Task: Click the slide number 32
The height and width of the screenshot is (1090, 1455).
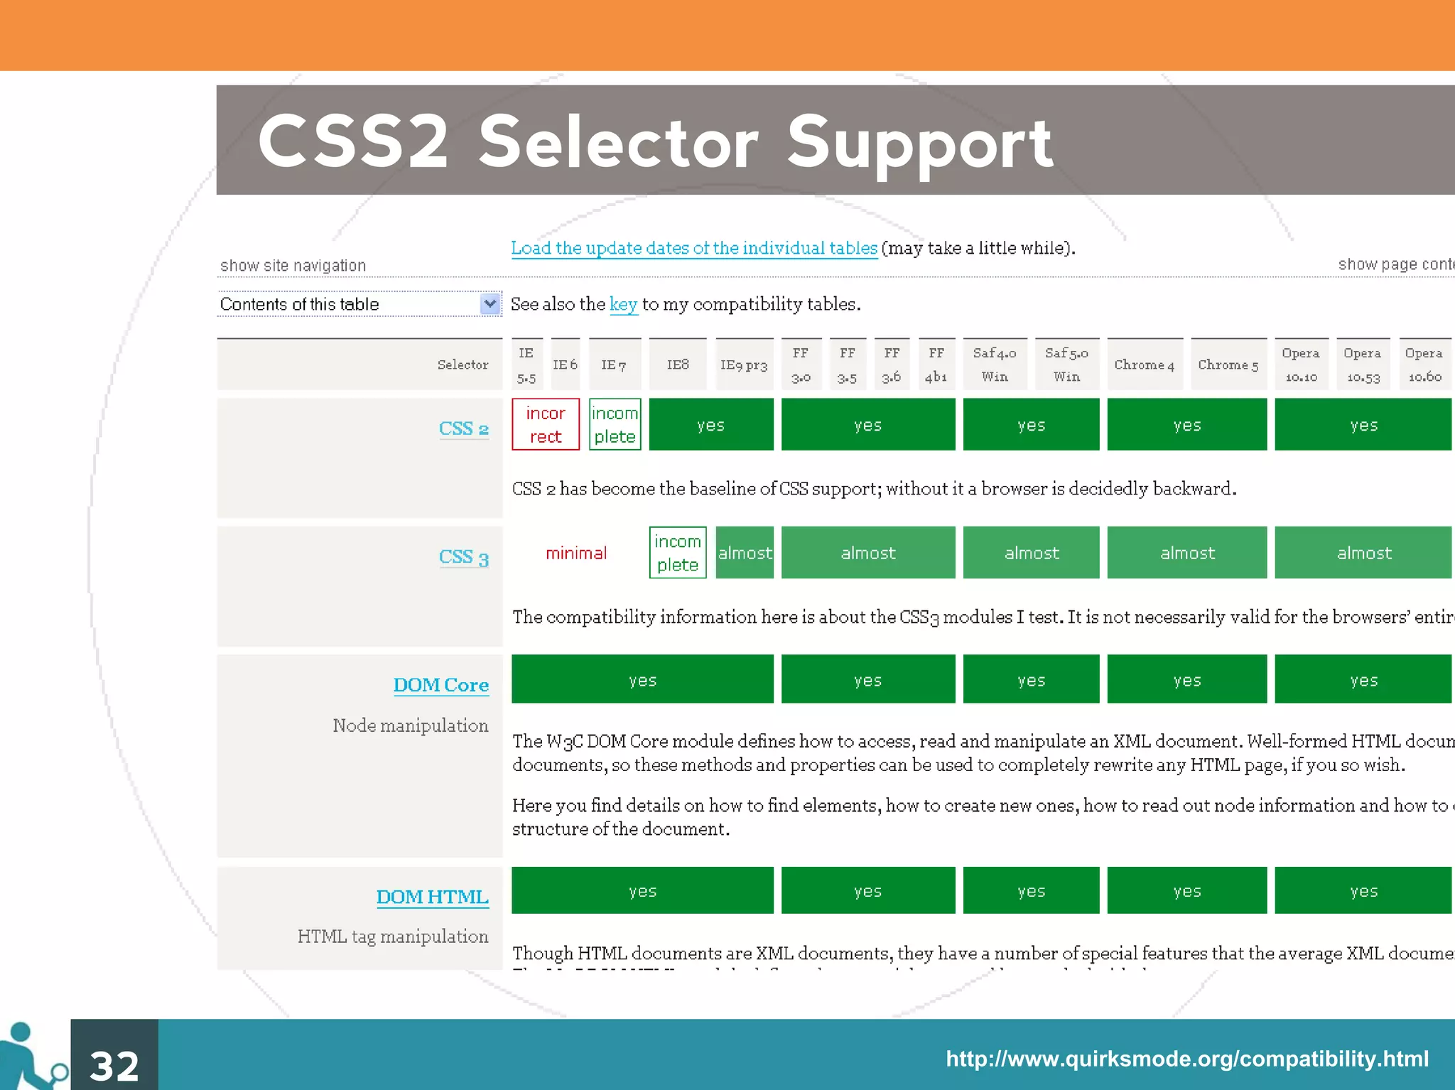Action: (x=114, y=1065)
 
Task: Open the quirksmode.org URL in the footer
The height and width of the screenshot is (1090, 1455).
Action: (x=1186, y=1059)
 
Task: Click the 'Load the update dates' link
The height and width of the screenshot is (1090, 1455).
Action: (x=694, y=248)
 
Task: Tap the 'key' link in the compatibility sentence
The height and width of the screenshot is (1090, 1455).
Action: (x=623, y=304)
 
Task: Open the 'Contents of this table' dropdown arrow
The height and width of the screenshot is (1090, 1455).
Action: (x=489, y=304)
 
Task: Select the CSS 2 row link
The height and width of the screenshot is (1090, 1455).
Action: (x=463, y=428)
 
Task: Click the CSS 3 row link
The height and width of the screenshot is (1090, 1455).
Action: (x=463, y=557)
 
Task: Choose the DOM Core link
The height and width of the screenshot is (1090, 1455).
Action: (x=440, y=685)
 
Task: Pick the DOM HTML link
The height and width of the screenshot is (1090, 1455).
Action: (x=432, y=897)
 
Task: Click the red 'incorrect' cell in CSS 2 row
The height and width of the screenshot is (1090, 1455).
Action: (x=546, y=425)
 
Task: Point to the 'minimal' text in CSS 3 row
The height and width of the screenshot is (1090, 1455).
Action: (x=576, y=553)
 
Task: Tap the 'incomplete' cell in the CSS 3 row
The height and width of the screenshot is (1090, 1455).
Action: (x=678, y=553)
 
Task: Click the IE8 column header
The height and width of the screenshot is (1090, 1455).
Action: (x=678, y=365)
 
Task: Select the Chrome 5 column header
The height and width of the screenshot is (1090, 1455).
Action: (x=1228, y=365)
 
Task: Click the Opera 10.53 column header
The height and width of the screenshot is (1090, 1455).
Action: (x=1363, y=365)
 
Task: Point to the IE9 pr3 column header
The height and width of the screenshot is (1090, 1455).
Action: (x=744, y=365)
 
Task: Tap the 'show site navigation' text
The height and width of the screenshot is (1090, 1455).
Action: (x=293, y=266)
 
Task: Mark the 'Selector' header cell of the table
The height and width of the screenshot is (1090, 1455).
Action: (x=463, y=365)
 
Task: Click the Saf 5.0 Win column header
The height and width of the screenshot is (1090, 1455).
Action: (x=1066, y=365)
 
